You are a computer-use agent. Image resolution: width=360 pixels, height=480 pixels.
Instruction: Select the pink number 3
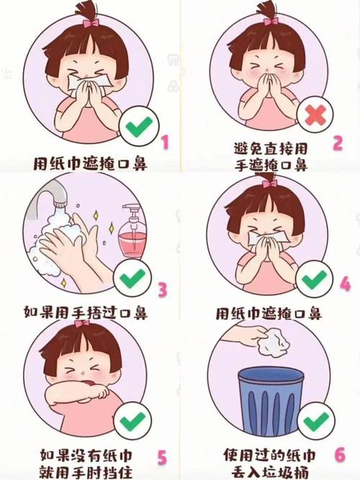point(163,290)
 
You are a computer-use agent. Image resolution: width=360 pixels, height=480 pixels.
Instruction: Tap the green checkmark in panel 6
point(314,422)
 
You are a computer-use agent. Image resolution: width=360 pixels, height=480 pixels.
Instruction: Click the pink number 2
point(337,142)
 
